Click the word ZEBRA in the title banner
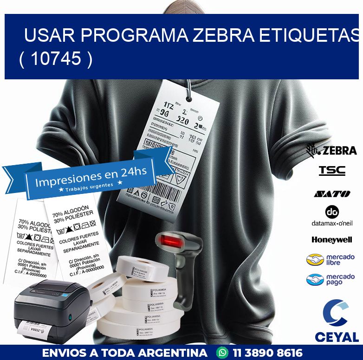tap(223, 35)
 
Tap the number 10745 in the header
tap(56, 59)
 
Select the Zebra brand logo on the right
tap(331, 150)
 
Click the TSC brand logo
tap(332, 171)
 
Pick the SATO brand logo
tap(332, 194)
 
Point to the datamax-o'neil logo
tap(332, 216)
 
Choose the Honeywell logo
tap(332, 240)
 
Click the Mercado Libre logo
tap(331, 259)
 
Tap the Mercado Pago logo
tap(331, 279)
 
